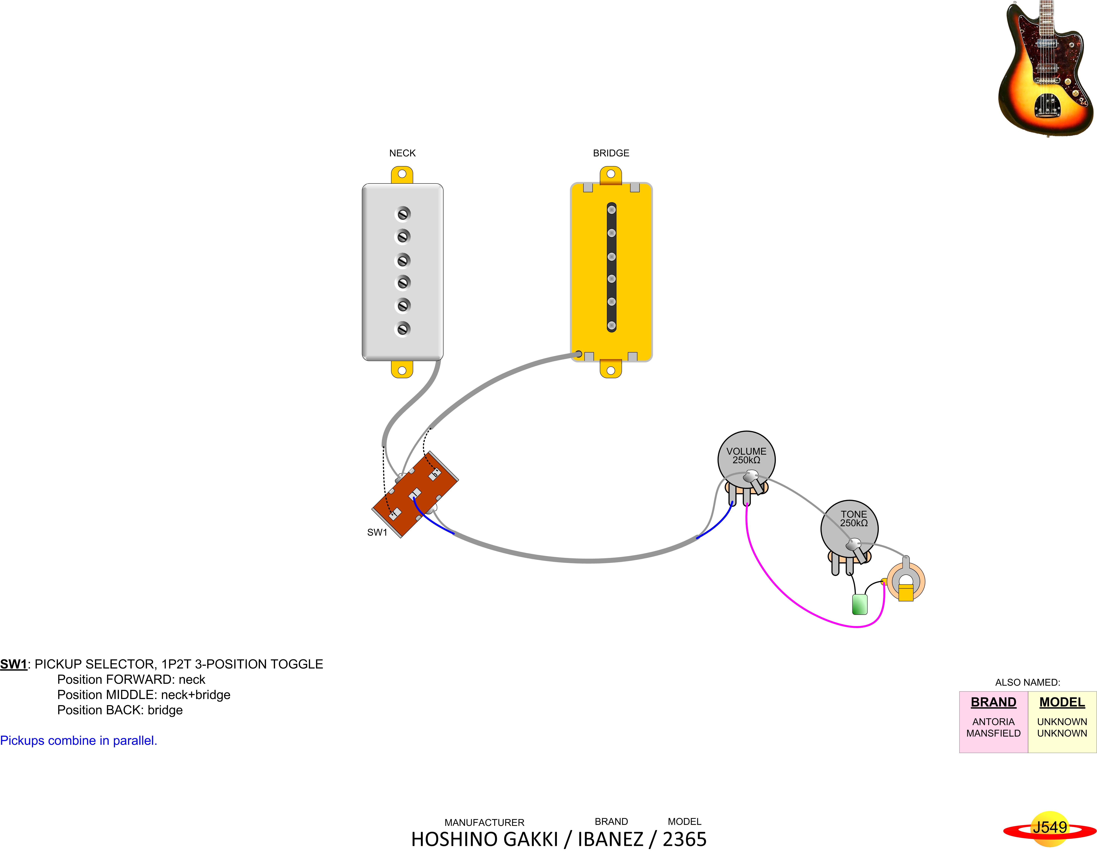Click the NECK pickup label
pos(402,153)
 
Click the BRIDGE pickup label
pos(611,153)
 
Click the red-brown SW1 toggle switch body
pos(415,495)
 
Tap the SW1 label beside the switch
pos(377,532)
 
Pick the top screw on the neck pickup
pos(403,214)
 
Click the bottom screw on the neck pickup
pos(403,329)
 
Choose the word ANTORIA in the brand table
pos(993,721)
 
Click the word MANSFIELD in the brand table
pos(993,733)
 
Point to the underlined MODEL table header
pos(1062,702)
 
